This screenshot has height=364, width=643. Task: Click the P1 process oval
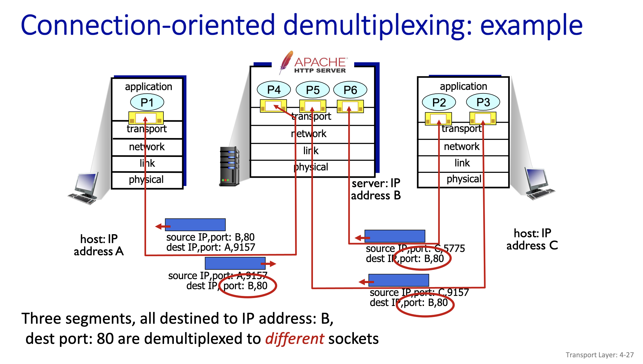pos(147,102)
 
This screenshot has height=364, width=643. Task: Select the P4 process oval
pos(274,90)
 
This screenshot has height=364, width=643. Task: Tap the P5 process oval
pos(313,90)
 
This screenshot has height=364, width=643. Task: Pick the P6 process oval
pos(350,90)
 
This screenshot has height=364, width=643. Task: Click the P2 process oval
pos(439,102)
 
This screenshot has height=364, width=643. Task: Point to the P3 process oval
pos(483,102)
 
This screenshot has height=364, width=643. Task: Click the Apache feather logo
pos(286,62)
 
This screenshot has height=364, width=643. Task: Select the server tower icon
pos(229,166)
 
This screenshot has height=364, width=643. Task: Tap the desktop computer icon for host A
pos(84,188)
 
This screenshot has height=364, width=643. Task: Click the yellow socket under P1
pos(146,118)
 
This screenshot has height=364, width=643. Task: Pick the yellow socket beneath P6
pos(350,106)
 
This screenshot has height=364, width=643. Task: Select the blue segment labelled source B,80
pos(195,225)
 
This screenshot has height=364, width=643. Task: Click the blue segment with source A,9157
pos(235,263)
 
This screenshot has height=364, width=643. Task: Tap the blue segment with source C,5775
pos(395,236)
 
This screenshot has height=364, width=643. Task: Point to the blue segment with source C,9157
pos(399,280)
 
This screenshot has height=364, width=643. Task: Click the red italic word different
pos(294,339)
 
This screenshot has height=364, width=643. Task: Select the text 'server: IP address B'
pos(376,189)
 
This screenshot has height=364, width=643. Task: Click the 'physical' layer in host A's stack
pos(146,180)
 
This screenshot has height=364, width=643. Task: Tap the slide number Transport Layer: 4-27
pos(599,355)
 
